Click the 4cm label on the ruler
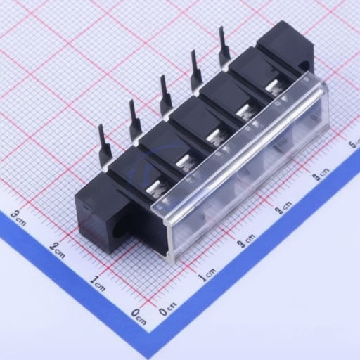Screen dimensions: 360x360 click(322, 172)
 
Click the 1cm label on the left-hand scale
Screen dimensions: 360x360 click(98, 283)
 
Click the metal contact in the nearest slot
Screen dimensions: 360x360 click(153, 186)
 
